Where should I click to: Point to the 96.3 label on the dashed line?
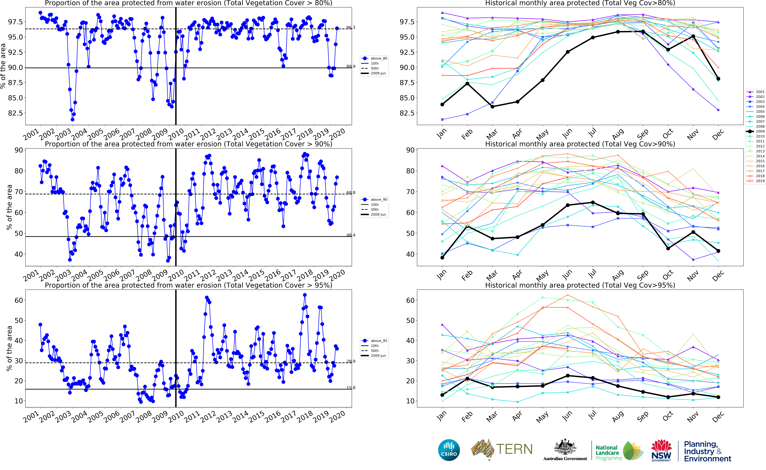coord(351,28)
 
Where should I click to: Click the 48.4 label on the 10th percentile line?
coord(351,235)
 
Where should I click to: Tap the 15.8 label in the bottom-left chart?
coord(351,388)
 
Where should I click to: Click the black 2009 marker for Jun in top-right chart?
coord(567,52)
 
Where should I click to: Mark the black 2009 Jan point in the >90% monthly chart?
coord(442,257)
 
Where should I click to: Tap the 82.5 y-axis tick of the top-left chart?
coord(16,113)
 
